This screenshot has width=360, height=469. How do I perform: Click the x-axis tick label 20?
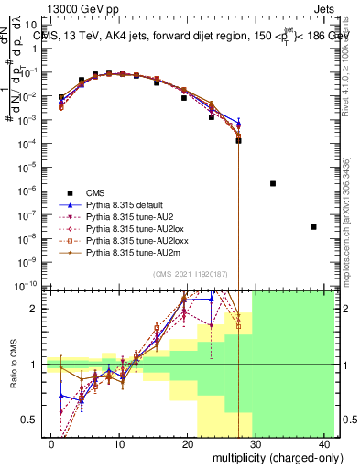187,444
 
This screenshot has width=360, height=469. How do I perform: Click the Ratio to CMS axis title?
14,364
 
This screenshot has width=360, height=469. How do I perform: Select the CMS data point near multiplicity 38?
314,226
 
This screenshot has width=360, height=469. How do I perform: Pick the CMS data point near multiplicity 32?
273,183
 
